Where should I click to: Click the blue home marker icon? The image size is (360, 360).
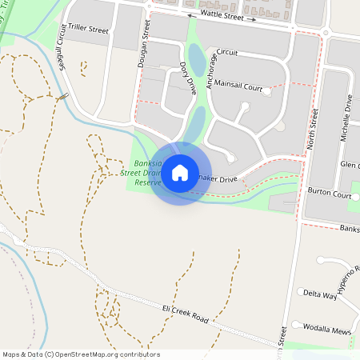pos(180,172)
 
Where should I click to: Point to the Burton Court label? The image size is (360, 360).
pos(330,194)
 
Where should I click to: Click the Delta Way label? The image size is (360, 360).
pos(320,294)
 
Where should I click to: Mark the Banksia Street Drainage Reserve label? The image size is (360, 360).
pos(141,172)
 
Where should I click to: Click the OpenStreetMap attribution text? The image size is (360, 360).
pos(81,354)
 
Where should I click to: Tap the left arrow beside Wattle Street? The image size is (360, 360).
pos(190,15)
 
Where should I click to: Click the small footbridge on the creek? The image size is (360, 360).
pos(62,97)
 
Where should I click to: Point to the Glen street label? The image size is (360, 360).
pos(349,164)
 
